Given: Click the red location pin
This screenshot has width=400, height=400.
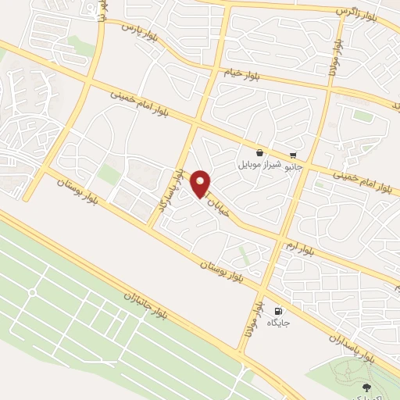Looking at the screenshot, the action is click(201, 184).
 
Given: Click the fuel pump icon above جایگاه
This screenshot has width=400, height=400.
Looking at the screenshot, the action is click(278, 311).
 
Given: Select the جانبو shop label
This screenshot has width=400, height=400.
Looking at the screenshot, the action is click(292, 166).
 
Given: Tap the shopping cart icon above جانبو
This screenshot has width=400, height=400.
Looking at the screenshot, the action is click(293, 155).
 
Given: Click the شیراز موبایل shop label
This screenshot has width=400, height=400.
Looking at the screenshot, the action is click(259, 166).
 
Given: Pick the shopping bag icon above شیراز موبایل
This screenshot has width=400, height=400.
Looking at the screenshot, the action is click(259, 153).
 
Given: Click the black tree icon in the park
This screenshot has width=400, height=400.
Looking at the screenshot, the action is click(366, 387).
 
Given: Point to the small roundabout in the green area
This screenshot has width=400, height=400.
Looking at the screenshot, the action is click(32, 293).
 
